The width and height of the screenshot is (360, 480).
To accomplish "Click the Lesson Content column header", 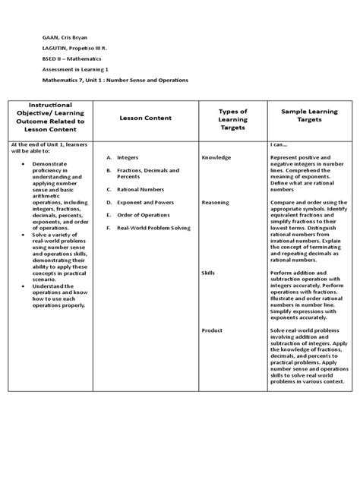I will (146, 118).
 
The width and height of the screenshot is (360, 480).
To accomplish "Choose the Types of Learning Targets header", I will (233, 118).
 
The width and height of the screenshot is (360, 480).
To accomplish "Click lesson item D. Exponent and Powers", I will (141, 203).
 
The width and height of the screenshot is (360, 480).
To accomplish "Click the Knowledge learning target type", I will (216, 157).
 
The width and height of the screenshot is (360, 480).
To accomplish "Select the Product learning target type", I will (212, 330).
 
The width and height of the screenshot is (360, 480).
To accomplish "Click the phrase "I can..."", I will (279, 144).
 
